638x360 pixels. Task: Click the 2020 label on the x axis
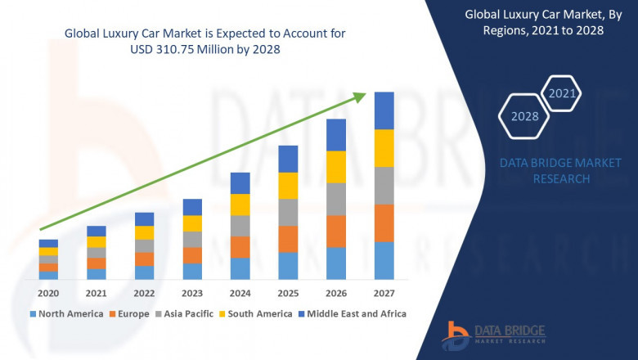[48, 293]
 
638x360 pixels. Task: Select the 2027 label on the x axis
[384, 293]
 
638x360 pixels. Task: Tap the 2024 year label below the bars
[240, 293]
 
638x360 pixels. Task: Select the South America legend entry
[257, 313]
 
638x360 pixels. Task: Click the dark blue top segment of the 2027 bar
[384, 110]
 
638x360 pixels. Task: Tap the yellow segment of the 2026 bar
[336, 167]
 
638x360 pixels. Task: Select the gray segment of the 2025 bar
[288, 212]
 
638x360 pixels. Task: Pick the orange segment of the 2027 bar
[384, 223]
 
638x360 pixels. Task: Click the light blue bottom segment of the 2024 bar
[240, 268]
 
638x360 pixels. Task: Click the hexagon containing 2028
[524, 116]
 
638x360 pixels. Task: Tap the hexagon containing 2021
[562, 94]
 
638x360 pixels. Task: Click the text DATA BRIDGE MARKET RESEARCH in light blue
[561, 171]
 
